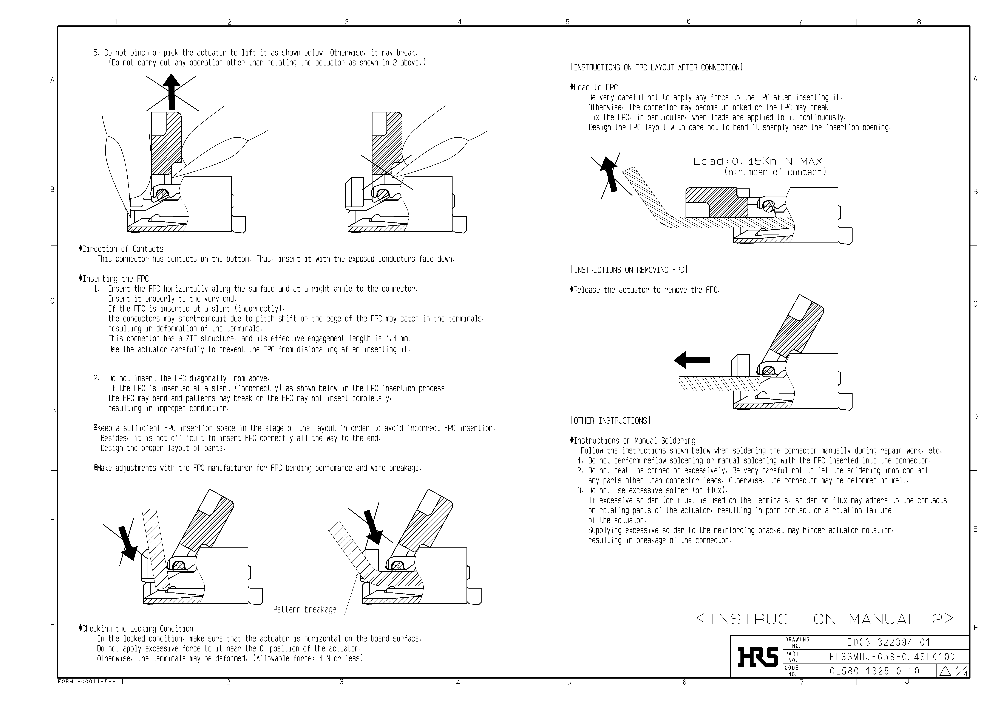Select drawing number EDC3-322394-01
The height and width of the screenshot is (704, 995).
tap(888, 642)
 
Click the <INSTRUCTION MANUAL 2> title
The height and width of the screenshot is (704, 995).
tap(825, 619)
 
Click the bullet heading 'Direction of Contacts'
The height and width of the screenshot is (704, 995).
tap(123, 249)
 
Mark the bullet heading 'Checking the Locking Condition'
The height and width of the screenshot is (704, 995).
tap(137, 629)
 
